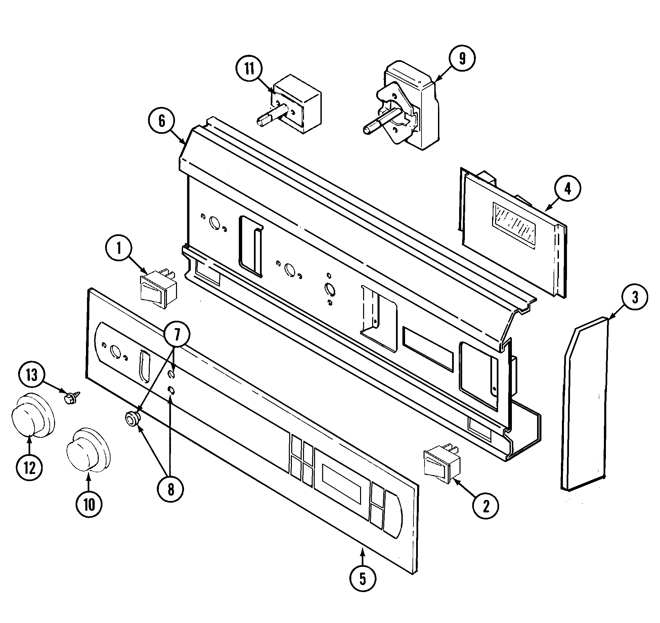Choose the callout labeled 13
pyautogui.click(x=31, y=376)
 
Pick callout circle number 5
pyautogui.click(x=362, y=578)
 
